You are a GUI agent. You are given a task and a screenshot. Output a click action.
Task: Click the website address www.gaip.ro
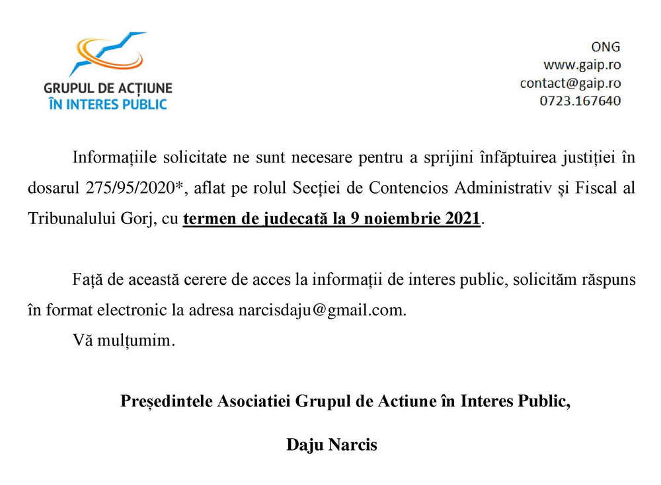tap(582, 65)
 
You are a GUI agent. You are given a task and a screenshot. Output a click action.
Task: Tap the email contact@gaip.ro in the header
tap(570, 83)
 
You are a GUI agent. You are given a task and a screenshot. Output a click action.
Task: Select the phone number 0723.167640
tap(580, 101)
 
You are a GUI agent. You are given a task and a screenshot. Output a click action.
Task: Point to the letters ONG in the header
tap(605, 47)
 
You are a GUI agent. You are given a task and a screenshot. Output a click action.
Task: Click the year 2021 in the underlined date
tap(462, 219)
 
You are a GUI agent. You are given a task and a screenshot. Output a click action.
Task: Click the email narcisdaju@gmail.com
tap(321, 310)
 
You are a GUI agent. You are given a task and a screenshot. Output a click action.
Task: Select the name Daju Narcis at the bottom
tap(331, 445)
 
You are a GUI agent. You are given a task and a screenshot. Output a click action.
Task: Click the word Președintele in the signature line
tap(167, 401)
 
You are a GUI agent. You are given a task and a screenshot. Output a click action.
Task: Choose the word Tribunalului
tap(65, 219)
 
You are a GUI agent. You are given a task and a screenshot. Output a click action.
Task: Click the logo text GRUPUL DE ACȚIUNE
tap(108, 88)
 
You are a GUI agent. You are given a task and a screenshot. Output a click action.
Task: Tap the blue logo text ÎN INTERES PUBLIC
tap(108, 103)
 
